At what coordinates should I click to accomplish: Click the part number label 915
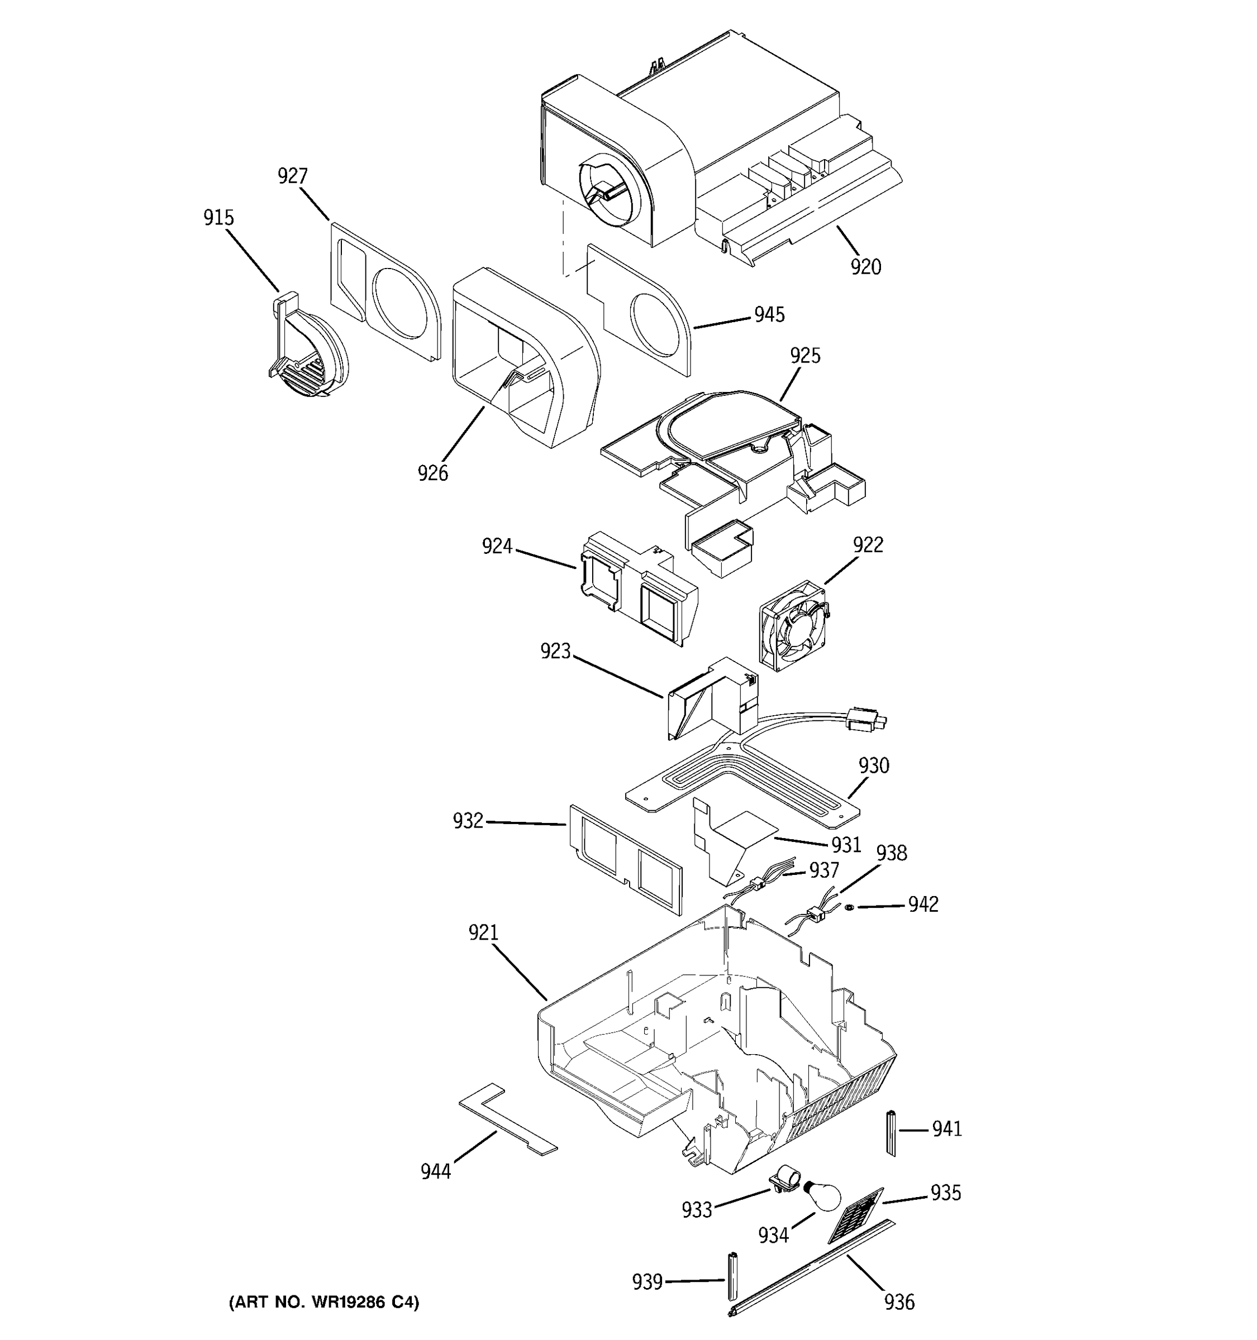tap(218, 218)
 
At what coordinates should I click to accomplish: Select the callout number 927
tap(293, 176)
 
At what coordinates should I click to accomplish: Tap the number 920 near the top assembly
tap(865, 267)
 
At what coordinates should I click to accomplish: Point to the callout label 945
tap(769, 315)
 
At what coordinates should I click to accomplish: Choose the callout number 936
tap(899, 1301)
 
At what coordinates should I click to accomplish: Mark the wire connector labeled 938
tap(817, 914)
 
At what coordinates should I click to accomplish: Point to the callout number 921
tap(483, 933)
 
